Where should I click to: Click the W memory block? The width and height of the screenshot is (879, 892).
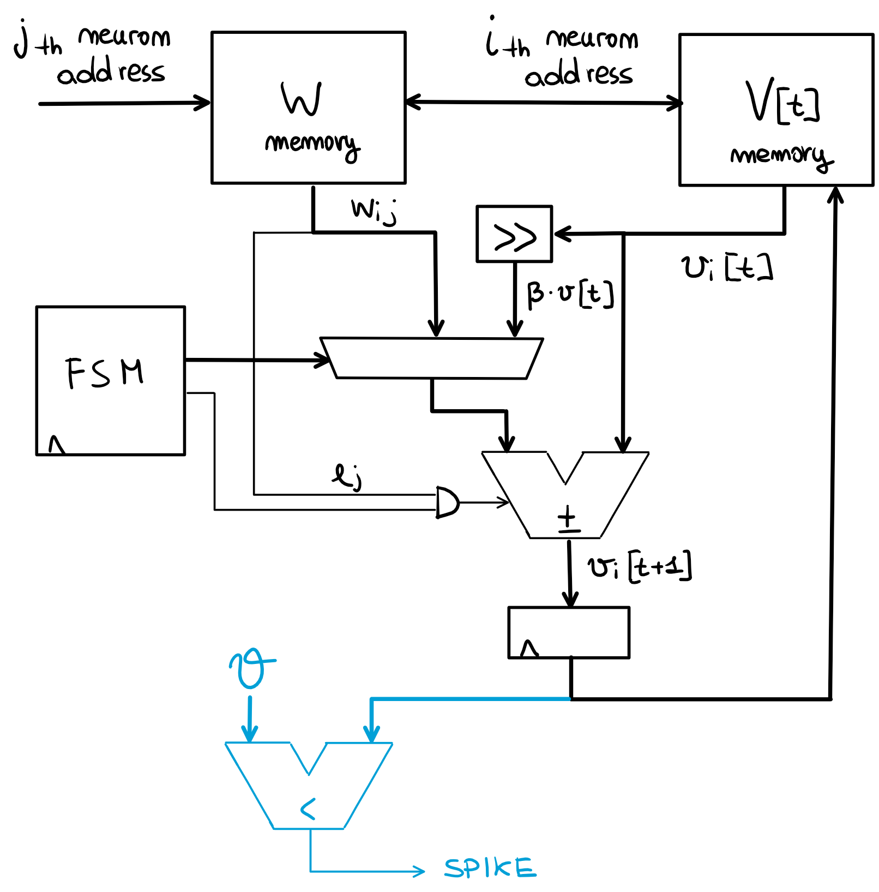(309, 108)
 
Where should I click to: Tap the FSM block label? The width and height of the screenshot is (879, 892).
(105, 373)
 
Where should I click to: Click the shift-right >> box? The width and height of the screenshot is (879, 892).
(514, 235)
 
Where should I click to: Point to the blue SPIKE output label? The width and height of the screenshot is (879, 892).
(490, 867)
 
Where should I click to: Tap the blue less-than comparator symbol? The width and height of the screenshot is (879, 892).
(309, 809)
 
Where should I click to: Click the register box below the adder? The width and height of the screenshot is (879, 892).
(569, 633)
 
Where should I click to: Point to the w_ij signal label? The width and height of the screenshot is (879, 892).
(374, 211)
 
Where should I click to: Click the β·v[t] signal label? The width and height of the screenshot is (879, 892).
(570, 294)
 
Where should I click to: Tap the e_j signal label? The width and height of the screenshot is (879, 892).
(347, 476)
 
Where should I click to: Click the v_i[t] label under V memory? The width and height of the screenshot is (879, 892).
(726, 268)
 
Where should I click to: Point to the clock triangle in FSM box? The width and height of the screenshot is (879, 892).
(56, 445)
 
